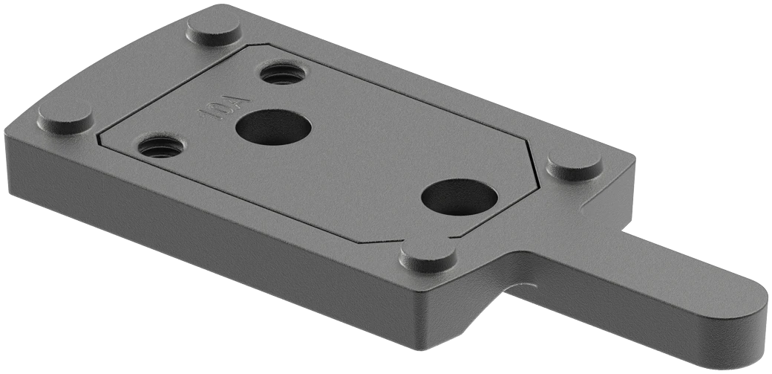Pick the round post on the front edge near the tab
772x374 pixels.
(428, 257)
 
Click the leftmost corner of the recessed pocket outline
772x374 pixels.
(99, 139)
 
